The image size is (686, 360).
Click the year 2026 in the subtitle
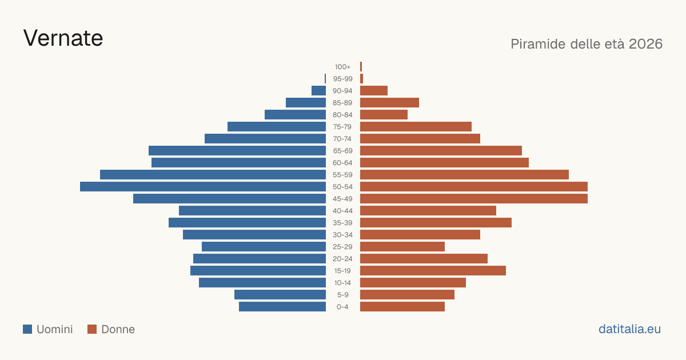tap(645, 44)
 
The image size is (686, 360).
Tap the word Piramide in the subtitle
tap(538, 44)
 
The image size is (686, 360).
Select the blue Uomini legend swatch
tap(27, 329)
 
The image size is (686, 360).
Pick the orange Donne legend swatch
tap(92, 329)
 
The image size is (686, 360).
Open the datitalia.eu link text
tap(629, 329)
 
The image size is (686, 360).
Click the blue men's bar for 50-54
tap(203, 187)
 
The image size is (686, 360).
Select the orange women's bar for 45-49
tap(474, 199)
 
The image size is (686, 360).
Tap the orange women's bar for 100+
tap(361, 67)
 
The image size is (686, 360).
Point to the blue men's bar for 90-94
tap(319, 91)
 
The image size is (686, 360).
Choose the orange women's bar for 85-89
tap(389, 102)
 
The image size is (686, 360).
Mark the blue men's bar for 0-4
tap(282, 307)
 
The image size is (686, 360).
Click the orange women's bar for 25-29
tap(402, 247)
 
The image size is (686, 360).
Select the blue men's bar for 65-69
tap(237, 151)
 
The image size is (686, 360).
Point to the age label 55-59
tap(342, 175)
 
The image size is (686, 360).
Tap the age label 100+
tap(342, 67)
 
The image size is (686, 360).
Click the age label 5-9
tap(342, 295)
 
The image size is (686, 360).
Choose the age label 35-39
tap(342, 223)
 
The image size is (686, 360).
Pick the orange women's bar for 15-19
tap(433, 271)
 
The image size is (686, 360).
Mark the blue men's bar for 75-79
tap(277, 127)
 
